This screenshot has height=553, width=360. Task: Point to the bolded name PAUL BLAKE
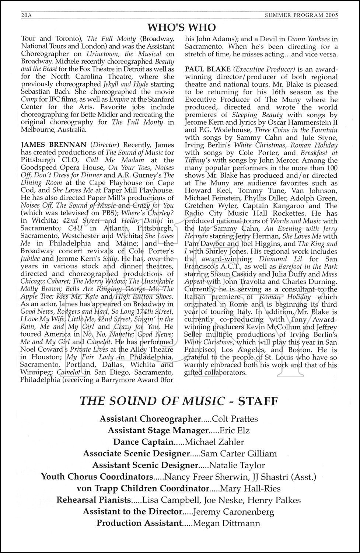(203, 69)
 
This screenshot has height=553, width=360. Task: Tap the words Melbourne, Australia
(53, 130)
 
